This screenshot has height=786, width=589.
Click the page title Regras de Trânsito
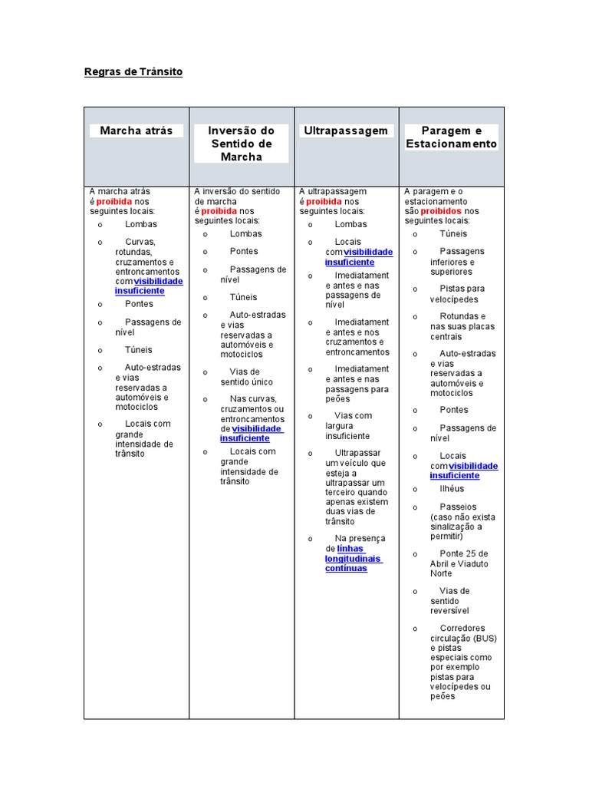pyautogui.click(x=133, y=72)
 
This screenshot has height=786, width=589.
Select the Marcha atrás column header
pyautogui.click(x=137, y=130)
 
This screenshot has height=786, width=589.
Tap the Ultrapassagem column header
pyautogui.click(x=346, y=130)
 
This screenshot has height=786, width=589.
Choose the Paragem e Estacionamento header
pyautogui.click(x=451, y=137)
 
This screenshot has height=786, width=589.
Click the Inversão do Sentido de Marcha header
pyautogui.click(x=241, y=144)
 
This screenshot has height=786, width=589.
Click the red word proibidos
pyautogui.click(x=441, y=211)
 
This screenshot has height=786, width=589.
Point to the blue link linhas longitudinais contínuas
pyautogui.click(x=354, y=559)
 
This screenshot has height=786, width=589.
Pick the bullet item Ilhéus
pyautogui.click(x=452, y=489)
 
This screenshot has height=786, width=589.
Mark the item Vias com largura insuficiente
pyautogui.click(x=349, y=425)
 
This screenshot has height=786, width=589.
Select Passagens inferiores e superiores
pyautogui.click(x=457, y=261)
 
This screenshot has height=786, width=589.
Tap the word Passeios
pyautogui.click(x=458, y=507)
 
